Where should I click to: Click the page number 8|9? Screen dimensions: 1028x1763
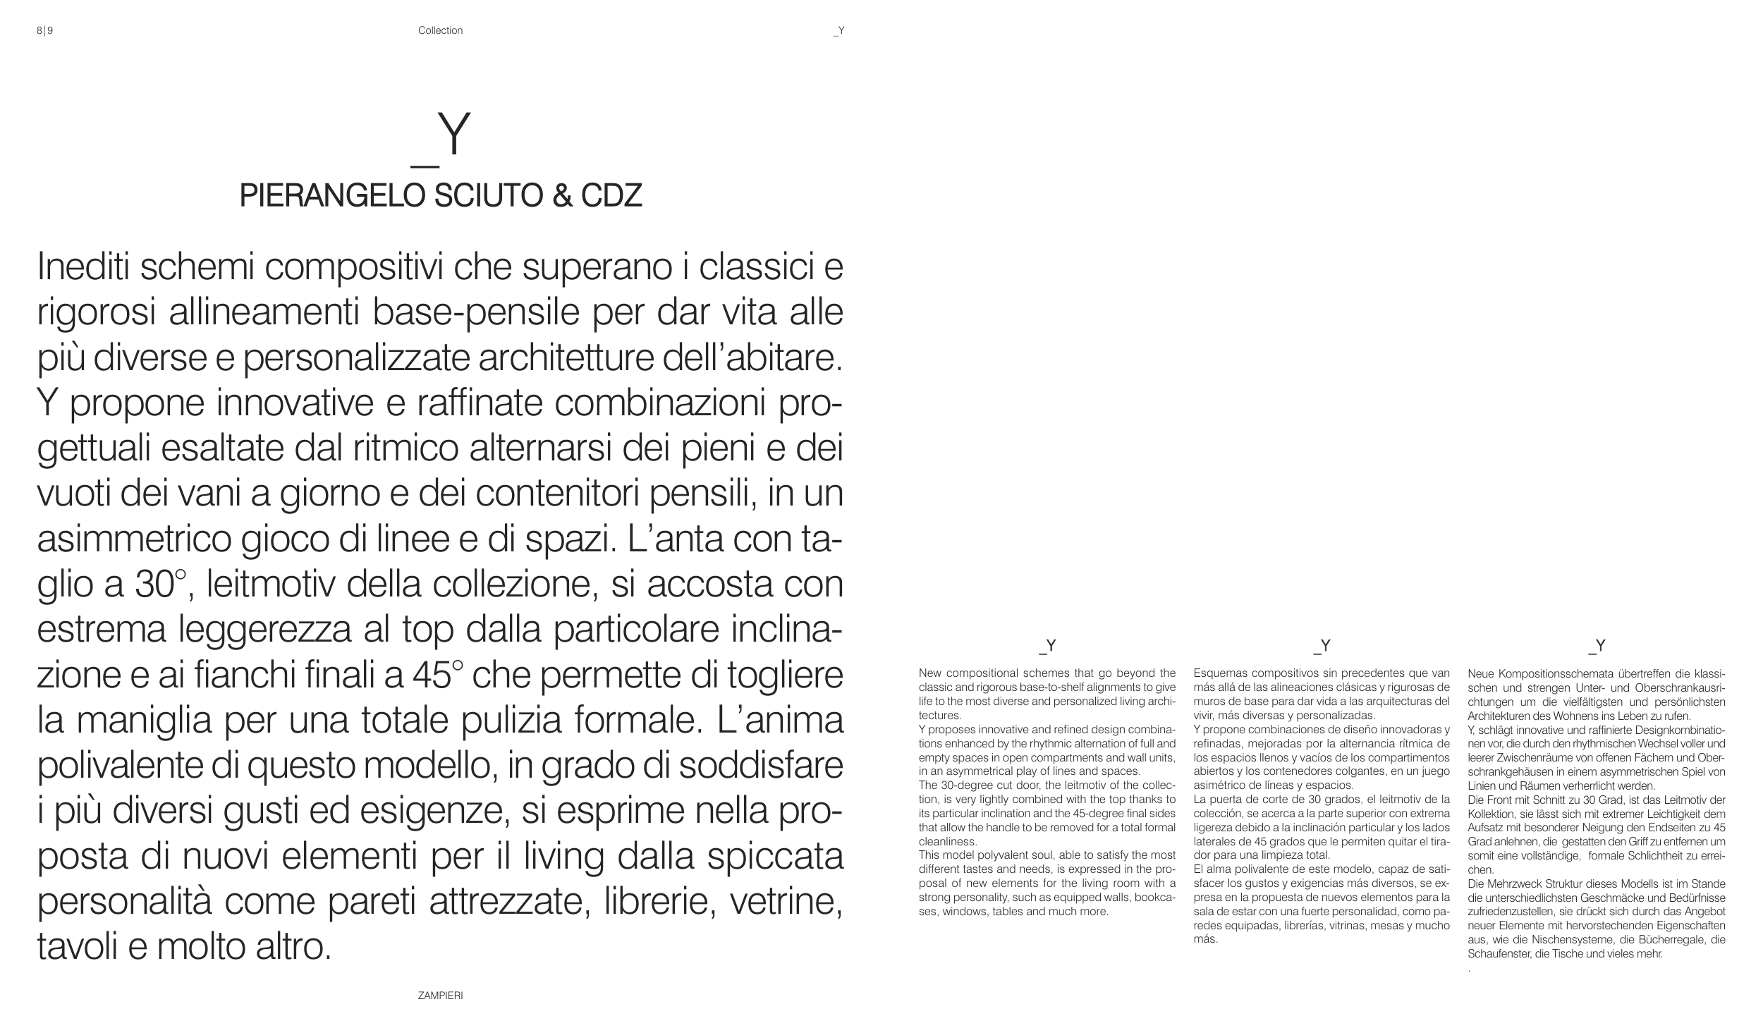click(x=44, y=30)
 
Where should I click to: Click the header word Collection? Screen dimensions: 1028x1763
click(x=440, y=30)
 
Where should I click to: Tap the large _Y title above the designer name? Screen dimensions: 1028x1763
click(x=441, y=137)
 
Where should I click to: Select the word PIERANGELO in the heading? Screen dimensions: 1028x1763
click(x=333, y=195)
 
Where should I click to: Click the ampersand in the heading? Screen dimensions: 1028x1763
click(x=562, y=195)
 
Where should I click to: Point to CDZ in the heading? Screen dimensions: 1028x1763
click(x=611, y=195)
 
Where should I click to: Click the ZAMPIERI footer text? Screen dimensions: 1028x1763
click(x=440, y=996)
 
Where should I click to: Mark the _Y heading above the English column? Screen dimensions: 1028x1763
click(x=1047, y=646)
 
